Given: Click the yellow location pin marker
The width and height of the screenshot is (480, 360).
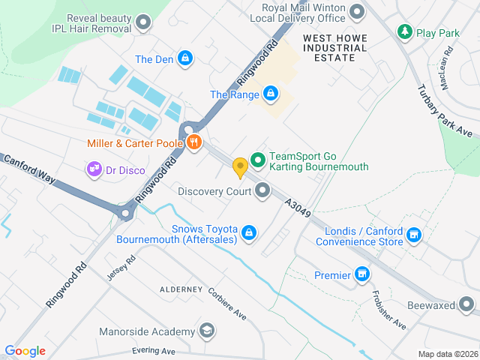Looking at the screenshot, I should [240, 167].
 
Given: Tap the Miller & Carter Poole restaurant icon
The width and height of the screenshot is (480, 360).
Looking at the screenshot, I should [194, 142].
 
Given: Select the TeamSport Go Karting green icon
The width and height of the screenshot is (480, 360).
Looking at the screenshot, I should [258, 160].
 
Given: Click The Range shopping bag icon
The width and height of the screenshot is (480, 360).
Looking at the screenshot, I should [270, 94].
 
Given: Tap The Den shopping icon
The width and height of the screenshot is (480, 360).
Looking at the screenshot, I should [185, 58].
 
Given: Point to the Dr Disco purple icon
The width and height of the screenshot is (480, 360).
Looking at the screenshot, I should [94, 169].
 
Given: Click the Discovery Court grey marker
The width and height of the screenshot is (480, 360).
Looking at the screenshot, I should [262, 190].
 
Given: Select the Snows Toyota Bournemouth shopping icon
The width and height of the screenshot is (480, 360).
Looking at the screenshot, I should [249, 234].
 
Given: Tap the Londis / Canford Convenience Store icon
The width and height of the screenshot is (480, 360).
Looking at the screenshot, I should [413, 236].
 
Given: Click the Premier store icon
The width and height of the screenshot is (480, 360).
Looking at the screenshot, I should [362, 274].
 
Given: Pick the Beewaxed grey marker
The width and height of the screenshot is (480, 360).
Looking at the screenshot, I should [466, 305].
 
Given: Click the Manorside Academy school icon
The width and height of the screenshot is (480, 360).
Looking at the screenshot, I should [206, 331].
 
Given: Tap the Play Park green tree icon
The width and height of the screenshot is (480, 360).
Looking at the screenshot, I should [405, 32].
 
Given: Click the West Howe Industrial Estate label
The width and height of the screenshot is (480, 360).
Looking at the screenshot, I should [335, 48].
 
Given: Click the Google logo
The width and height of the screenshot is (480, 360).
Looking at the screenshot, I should [25, 350].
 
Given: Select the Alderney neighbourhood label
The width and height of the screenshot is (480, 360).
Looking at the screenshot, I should [181, 289].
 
